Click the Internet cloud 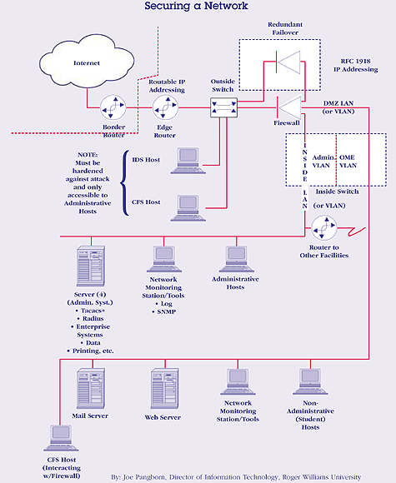coord(87,62)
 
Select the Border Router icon coord(113,107)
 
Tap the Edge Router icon coord(166,107)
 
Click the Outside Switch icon coord(224,107)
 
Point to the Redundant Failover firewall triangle coord(288,62)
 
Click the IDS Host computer coord(188,161)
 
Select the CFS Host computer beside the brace coord(188,208)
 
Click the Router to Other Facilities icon coord(323,228)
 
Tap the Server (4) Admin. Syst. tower coord(91,266)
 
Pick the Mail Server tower coord(91,388)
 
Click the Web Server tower coord(165,388)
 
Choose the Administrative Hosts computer coord(237,259)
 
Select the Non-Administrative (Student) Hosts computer coord(310,381)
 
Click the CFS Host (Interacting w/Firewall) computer coord(61,438)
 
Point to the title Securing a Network coord(197,6)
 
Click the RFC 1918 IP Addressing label coord(356,65)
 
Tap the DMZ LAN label coord(338,103)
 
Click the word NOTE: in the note coord(88,155)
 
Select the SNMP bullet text coord(167,311)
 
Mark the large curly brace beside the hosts coord(124,183)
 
